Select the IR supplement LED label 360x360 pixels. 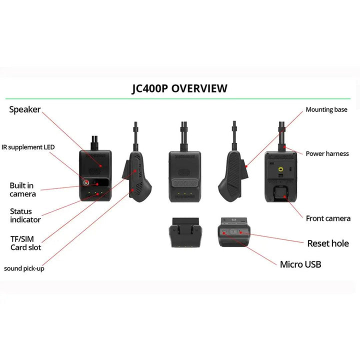click(34, 147)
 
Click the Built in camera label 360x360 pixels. click(22, 189)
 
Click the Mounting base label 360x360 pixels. click(326, 109)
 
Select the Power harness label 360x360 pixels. click(327, 153)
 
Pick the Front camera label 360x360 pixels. click(328, 218)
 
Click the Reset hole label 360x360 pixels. click(328, 243)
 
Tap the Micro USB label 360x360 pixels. click(300, 264)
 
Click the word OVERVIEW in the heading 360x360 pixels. click(199, 89)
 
